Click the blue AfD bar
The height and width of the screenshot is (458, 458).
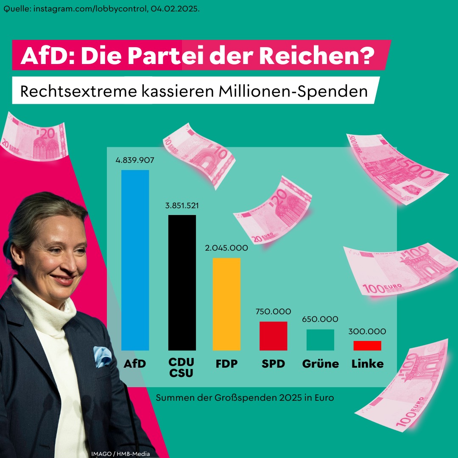click(x=135, y=260)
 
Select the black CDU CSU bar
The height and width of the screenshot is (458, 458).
click(x=182, y=282)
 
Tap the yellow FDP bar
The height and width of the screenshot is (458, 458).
click(x=226, y=304)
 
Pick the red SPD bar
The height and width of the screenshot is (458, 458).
click(x=273, y=336)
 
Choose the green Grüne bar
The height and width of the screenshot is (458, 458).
click(x=320, y=340)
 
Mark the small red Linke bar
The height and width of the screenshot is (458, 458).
click(x=367, y=346)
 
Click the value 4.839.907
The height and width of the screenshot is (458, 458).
click(x=134, y=161)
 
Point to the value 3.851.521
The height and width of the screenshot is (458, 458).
click(x=182, y=206)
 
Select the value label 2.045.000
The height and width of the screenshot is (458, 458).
click(x=226, y=248)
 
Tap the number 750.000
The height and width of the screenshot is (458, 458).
click(x=273, y=312)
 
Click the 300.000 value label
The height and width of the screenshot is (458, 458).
click(x=367, y=332)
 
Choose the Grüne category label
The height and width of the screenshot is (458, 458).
click(x=320, y=364)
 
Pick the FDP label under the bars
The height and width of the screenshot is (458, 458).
click(x=226, y=364)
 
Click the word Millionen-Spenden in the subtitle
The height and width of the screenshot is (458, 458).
click(x=293, y=91)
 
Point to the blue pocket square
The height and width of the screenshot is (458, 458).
click(x=102, y=356)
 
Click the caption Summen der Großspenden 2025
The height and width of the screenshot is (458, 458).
click(x=245, y=398)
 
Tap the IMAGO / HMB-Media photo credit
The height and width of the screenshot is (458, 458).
click(x=120, y=454)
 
